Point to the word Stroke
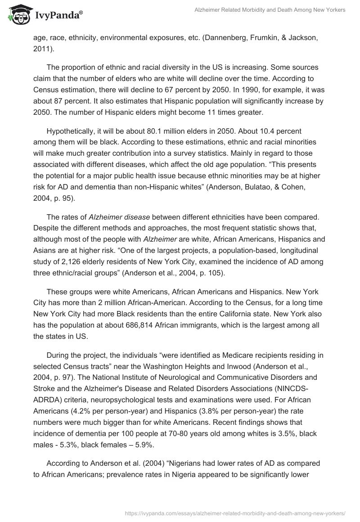(45, 387)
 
